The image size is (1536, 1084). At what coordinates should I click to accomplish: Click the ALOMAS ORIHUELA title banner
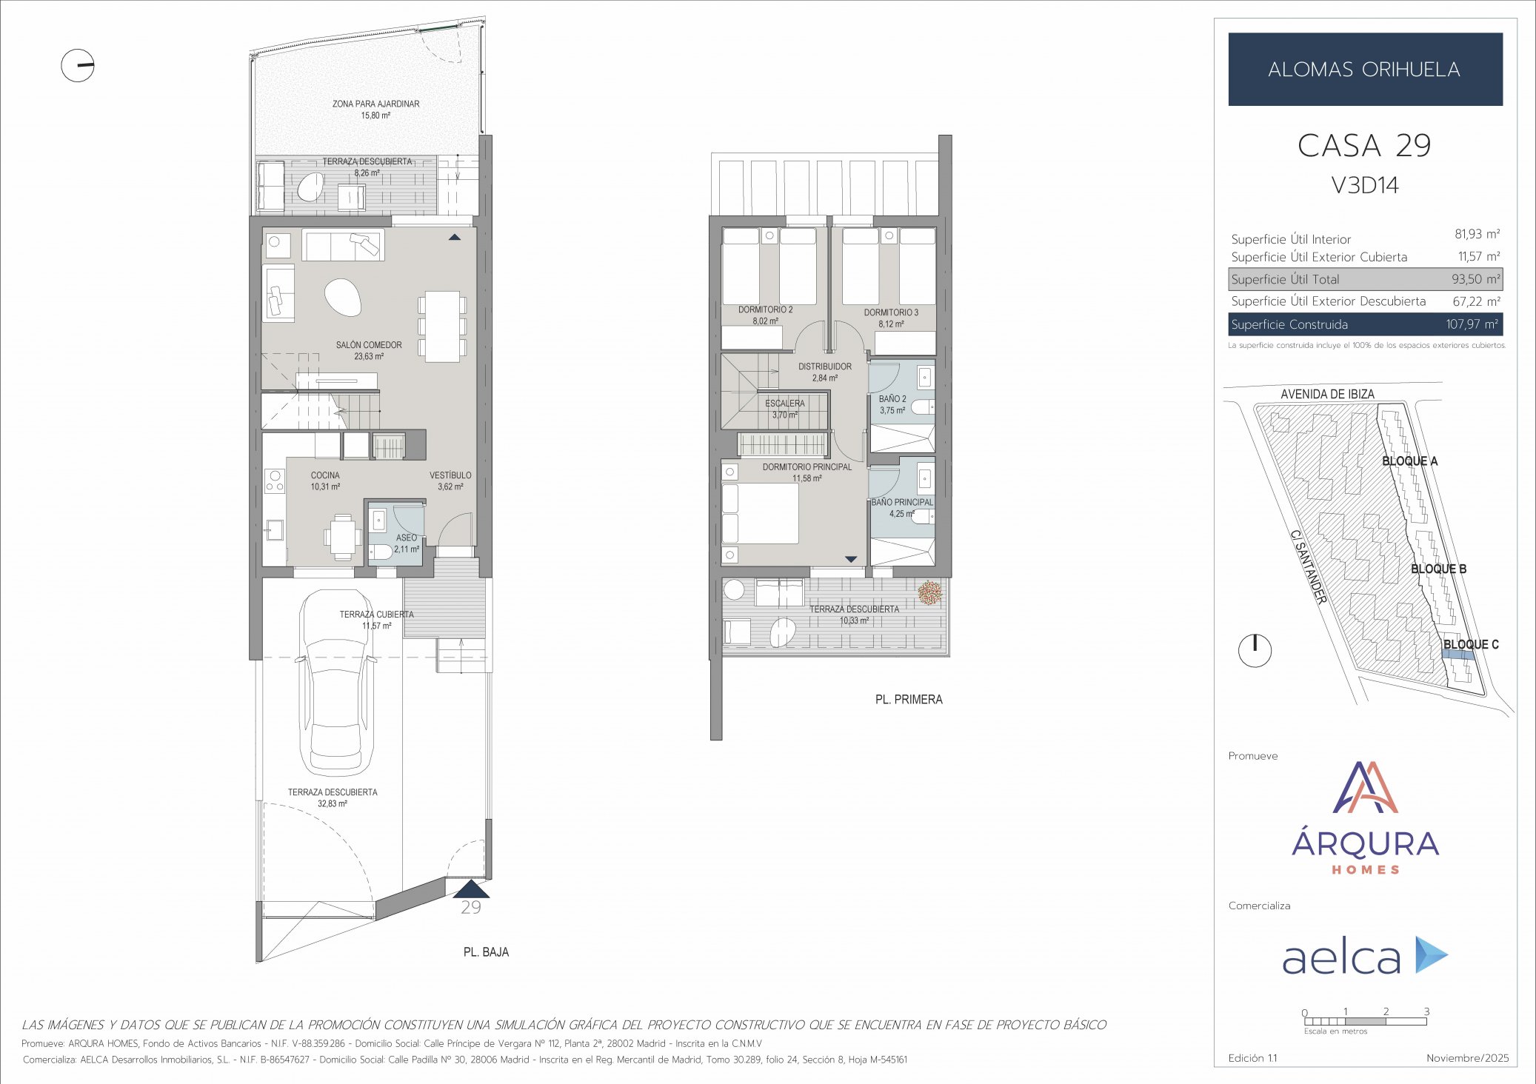[1364, 70]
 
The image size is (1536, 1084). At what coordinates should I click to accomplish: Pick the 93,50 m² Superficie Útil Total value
[1475, 279]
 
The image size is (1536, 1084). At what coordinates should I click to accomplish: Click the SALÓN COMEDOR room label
[369, 345]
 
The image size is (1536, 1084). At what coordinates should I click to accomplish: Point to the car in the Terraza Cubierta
[335, 681]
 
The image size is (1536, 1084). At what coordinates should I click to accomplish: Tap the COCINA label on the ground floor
[325, 475]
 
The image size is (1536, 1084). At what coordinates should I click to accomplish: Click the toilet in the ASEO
[381, 552]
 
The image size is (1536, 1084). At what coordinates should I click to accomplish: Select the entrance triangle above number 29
[471, 889]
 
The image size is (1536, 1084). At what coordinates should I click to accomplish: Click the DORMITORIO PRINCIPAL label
[807, 467]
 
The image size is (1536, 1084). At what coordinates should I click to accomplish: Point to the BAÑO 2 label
[892, 399]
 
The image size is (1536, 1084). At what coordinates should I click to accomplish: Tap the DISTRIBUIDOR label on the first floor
[824, 367]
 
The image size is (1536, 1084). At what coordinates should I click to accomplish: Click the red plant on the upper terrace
[929, 592]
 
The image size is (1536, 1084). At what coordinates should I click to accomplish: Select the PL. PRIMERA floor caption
[909, 700]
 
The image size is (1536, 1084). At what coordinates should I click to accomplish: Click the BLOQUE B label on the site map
[1438, 569]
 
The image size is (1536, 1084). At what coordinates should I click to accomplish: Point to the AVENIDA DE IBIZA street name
[1327, 395]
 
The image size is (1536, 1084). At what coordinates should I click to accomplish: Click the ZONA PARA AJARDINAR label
[375, 104]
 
